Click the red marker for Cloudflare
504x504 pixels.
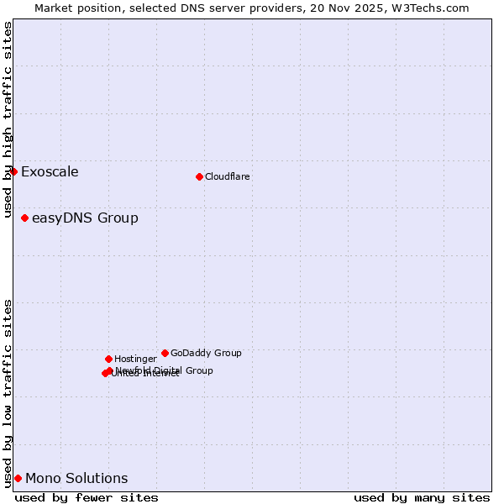tap(199, 176)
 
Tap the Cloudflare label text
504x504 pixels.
tap(228, 177)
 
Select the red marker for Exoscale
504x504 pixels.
tap(13, 171)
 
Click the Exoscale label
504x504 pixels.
tap(50, 172)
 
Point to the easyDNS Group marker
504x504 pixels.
tap(24, 218)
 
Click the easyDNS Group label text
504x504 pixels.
tap(85, 218)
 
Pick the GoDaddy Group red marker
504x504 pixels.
tap(165, 353)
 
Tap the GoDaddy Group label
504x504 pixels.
tap(206, 354)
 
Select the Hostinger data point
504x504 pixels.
tap(108, 359)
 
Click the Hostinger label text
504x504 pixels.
tap(135, 360)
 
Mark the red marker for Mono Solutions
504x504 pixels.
tap(18, 478)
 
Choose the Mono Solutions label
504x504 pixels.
tap(76, 479)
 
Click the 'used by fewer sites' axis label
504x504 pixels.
tap(87, 497)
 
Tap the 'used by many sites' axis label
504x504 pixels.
tap(422, 497)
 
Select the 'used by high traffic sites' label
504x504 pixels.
tap(8, 120)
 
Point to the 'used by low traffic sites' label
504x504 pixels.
tap(8, 393)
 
